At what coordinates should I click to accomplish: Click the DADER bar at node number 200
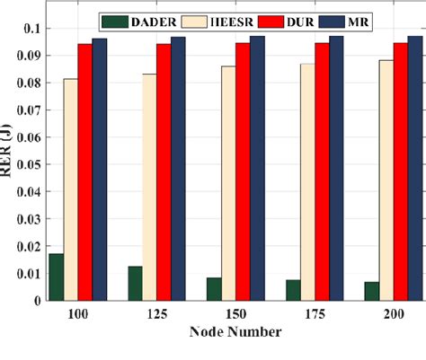tap(371, 291)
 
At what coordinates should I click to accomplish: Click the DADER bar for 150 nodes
tap(214, 289)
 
